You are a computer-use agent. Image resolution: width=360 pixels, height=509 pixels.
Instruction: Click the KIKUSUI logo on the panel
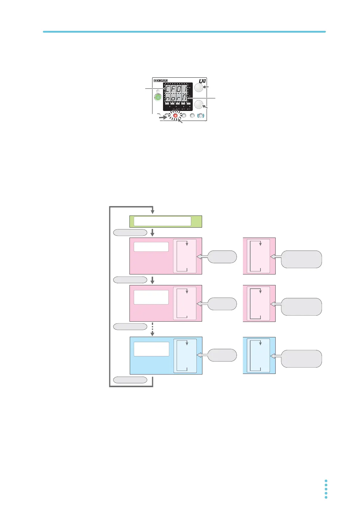pos(161,81)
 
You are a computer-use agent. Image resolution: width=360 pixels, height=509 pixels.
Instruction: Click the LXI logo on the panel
pos(202,81)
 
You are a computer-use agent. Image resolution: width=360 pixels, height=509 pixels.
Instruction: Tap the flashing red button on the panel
pos(175,115)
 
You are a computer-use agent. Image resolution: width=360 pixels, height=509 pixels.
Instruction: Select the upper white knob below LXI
pos(198,88)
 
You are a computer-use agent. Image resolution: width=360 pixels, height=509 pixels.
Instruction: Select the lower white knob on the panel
pos(199,105)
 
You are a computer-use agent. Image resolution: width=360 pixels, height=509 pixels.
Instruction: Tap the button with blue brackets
pos(201,115)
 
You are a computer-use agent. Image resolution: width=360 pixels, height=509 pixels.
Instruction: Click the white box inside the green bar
pos(162,221)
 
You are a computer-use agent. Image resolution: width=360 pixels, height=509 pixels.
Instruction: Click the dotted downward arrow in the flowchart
pos(152,329)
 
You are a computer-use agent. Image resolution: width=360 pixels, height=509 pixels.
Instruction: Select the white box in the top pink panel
pos(151,247)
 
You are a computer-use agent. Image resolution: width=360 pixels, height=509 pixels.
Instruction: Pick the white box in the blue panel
pos(151,349)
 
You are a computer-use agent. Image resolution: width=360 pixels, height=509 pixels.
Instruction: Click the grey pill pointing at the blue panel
pos(222,355)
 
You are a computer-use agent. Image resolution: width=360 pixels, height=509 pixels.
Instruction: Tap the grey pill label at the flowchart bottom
pos(130,380)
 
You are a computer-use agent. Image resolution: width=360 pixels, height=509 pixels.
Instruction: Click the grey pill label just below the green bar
pos(130,232)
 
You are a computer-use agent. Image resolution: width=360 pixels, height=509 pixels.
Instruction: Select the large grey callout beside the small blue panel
pos(301,358)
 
